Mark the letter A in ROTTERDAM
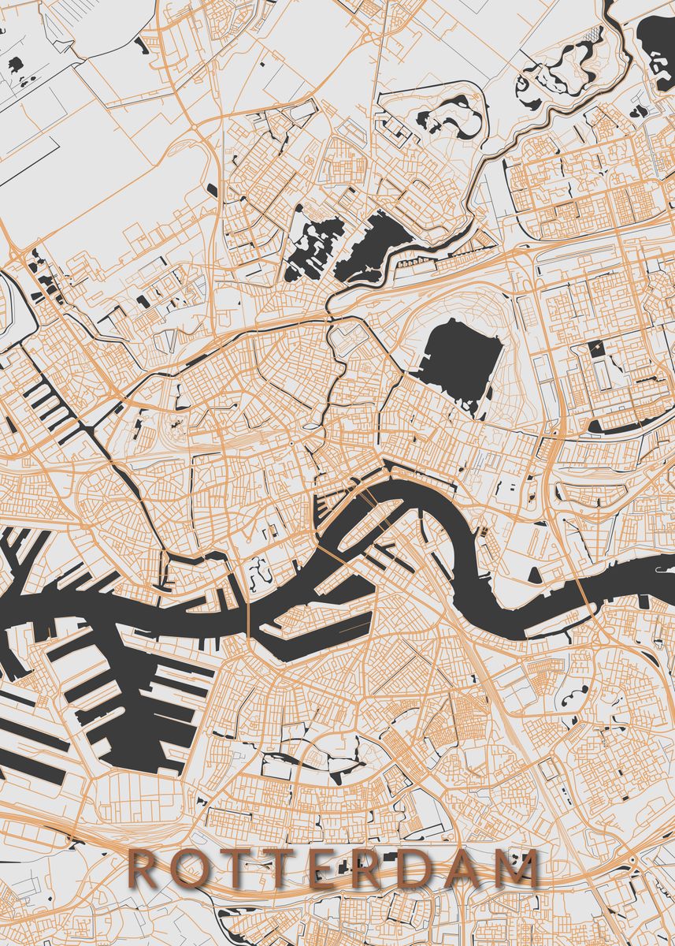point(469,868)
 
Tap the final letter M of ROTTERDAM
point(521,868)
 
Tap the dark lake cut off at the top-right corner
point(658,39)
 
